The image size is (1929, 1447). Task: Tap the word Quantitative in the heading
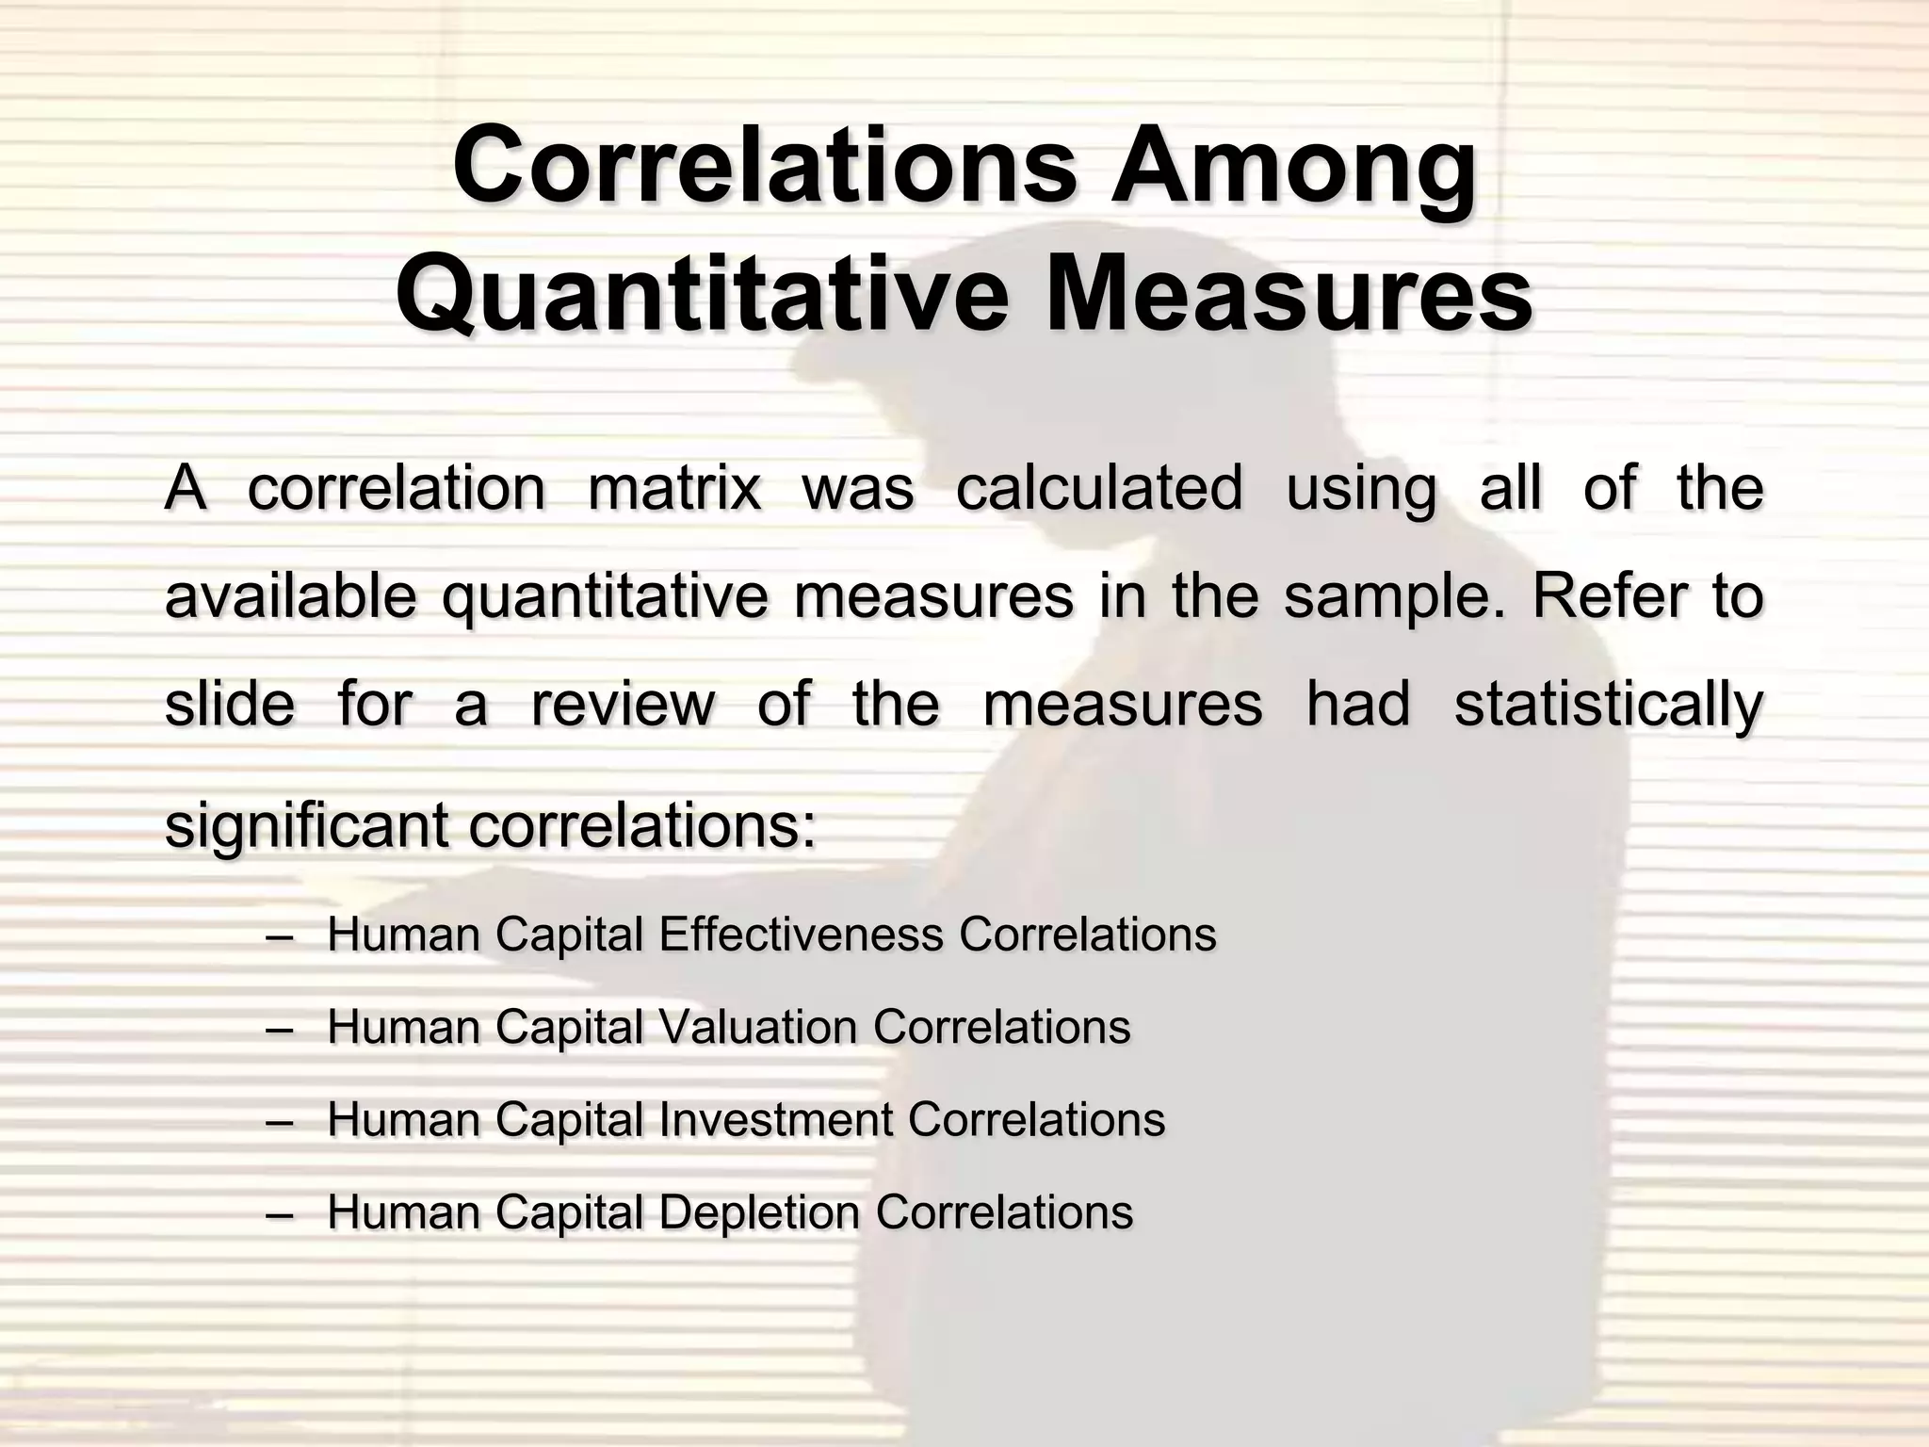[x=700, y=294]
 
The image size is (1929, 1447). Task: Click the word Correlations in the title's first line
[x=764, y=166]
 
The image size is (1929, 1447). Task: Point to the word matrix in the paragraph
[x=673, y=489]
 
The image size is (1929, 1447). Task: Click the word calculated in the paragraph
[x=1099, y=488]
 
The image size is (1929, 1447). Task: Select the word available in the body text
[x=290, y=596]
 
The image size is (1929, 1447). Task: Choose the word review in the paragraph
[x=623, y=705]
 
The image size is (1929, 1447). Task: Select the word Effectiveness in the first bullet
[x=801, y=935]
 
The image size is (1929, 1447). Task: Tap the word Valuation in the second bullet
[x=758, y=1027]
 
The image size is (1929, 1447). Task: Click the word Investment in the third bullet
[x=775, y=1119]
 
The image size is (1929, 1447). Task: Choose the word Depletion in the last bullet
[x=759, y=1212]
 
